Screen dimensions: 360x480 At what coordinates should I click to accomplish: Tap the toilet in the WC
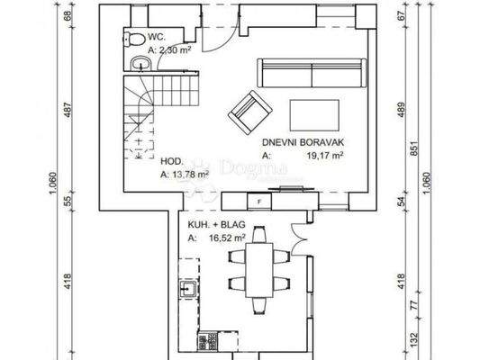(131, 39)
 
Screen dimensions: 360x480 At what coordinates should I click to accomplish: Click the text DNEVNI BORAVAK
(293, 142)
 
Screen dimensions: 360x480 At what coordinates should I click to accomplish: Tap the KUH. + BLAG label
(213, 226)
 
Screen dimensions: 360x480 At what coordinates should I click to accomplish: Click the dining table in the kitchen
(259, 266)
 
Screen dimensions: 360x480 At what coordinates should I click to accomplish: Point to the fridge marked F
(258, 202)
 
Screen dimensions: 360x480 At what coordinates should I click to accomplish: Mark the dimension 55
(67, 203)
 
